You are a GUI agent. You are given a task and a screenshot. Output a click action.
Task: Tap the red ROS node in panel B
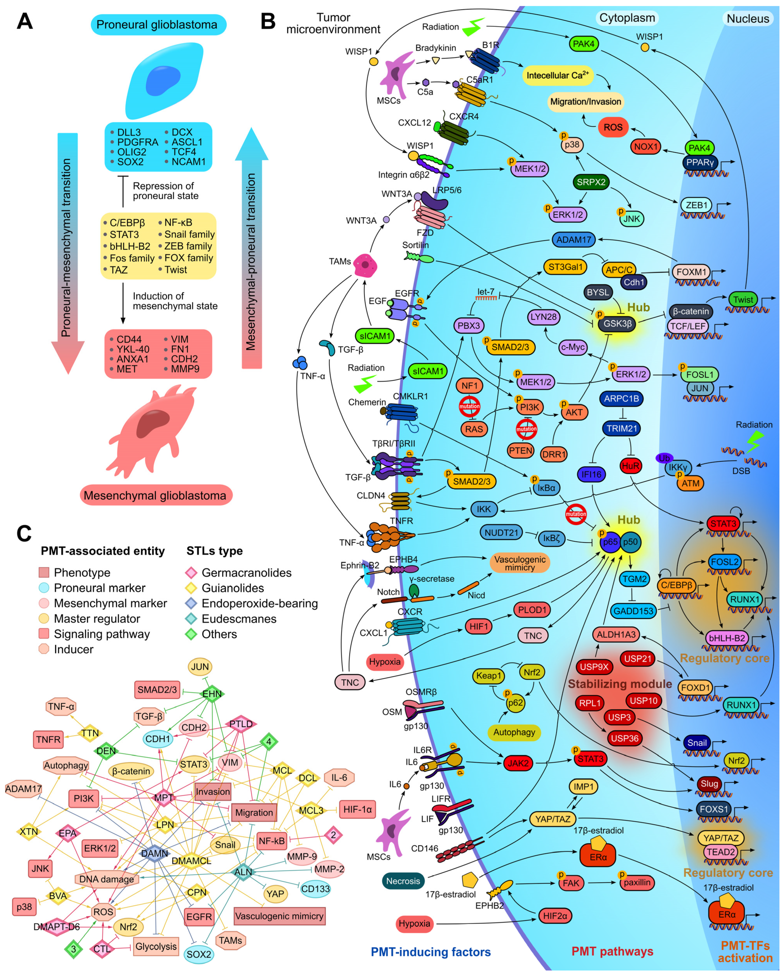(613, 127)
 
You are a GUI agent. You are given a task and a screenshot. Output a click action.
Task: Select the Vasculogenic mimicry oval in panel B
(520, 563)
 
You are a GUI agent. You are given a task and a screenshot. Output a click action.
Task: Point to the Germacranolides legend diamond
(191, 573)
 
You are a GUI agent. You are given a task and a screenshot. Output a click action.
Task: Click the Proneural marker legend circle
(44, 588)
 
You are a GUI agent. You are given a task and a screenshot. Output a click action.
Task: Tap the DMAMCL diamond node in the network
(192, 860)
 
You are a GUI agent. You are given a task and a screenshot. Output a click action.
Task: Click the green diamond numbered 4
(269, 741)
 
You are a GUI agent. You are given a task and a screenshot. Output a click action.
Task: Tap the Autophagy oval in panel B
(514, 732)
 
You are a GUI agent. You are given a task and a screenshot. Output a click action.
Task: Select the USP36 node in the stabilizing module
(624, 738)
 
